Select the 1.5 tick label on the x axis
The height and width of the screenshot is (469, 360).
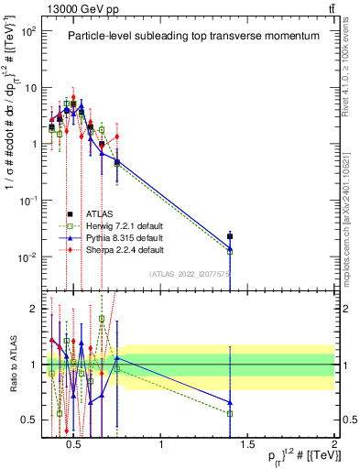point(248,446)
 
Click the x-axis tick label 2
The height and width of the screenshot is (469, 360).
point(333,446)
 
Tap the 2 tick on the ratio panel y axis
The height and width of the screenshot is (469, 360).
point(29,309)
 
